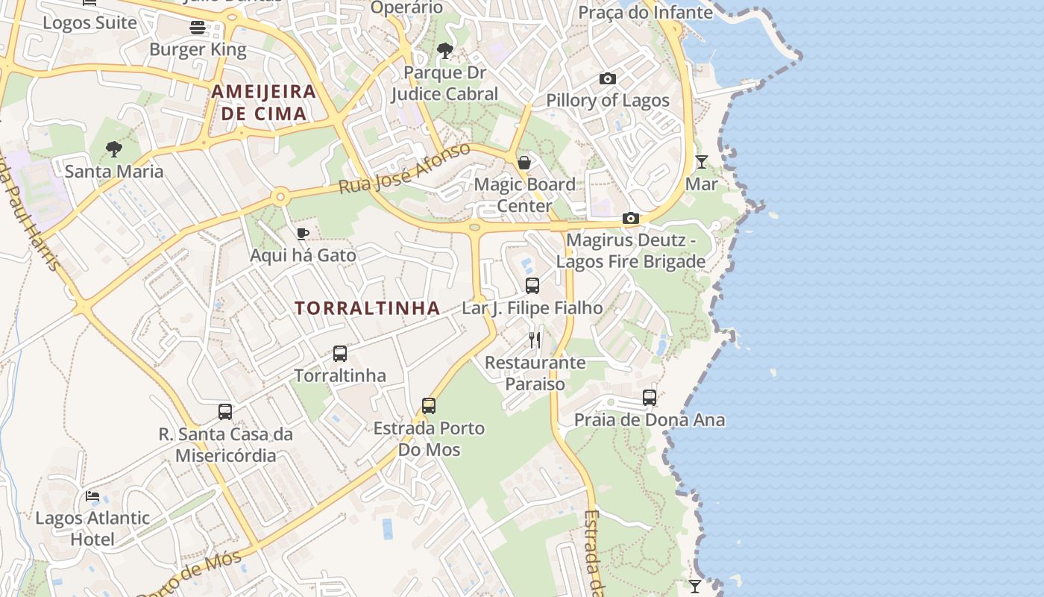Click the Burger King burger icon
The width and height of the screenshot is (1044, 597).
pos(198,28)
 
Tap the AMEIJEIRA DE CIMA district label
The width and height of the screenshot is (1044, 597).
pos(264,103)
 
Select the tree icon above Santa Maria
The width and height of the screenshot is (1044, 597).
pos(114,149)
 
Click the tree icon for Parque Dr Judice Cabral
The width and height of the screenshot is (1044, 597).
pos(445,51)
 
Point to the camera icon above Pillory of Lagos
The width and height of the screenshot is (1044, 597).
pos(608,78)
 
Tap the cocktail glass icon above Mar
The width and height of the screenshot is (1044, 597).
pos(702,161)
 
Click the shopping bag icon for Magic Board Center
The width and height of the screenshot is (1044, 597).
pos(524,163)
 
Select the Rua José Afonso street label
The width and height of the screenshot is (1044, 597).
pos(404,169)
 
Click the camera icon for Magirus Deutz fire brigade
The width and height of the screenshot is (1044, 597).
pos(631,219)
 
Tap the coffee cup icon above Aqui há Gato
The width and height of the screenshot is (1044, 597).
pos(303,234)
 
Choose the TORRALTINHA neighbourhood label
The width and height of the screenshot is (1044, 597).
pos(367,308)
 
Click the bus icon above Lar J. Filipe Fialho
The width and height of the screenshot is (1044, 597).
pos(532,285)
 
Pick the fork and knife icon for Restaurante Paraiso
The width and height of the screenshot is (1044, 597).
pos(535,340)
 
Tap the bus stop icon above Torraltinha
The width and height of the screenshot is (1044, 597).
pos(340,353)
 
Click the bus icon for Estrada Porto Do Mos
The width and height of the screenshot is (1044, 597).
pos(429,406)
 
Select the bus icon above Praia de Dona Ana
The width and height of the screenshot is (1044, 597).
pos(650,398)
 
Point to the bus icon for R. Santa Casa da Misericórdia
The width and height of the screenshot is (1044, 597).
pos(225,412)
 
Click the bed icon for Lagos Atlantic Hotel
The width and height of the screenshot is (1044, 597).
pos(92,496)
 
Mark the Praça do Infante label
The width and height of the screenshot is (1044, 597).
pos(646,13)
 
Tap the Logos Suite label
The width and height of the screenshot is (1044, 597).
pos(89,22)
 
